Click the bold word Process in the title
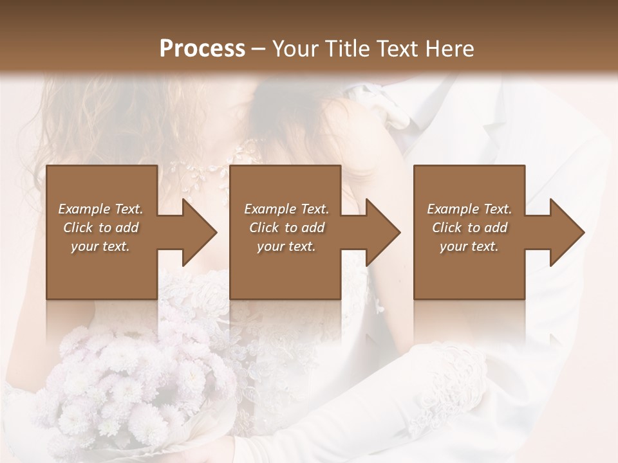pyautogui.click(x=202, y=49)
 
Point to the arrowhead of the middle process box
pyautogui.click(x=382, y=232)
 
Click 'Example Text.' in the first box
pyautogui.click(x=100, y=209)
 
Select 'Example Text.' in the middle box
pyautogui.click(x=286, y=209)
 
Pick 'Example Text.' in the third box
pyautogui.click(x=469, y=209)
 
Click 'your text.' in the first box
pyautogui.click(x=100, y=246)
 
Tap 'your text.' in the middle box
pyautogui.click(x=286, y=246)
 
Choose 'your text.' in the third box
pyautogui.click(x=469, y=246)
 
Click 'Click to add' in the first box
pyautogui.click(x=100, y=228)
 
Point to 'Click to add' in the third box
pyautogui.click(x=469, y=228)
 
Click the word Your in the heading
pyautogui.click(x=294, y=49)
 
